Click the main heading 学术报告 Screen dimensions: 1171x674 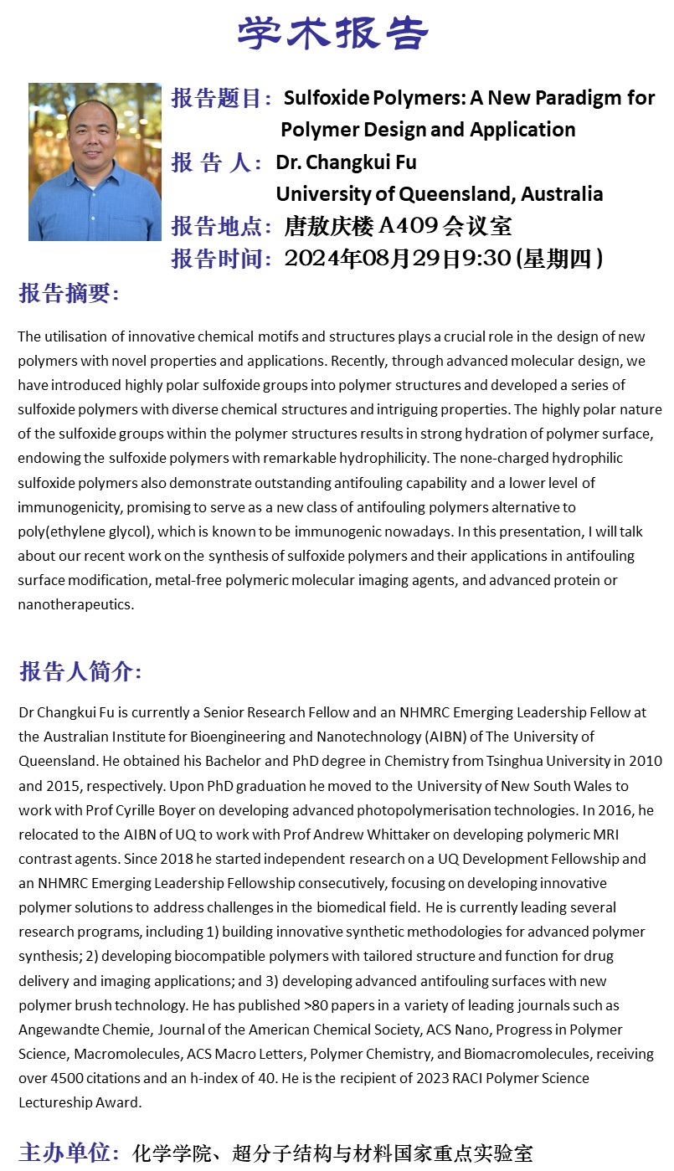click(333, 33)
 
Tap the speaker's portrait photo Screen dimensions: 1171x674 click(95, 162)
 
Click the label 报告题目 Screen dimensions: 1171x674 click(217, 99)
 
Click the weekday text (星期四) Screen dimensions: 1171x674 click(560, 259)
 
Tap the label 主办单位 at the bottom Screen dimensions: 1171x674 click(64, 1153)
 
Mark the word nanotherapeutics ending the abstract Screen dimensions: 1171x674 click(75, 604)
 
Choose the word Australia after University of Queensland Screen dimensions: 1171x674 click(562, 194)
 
